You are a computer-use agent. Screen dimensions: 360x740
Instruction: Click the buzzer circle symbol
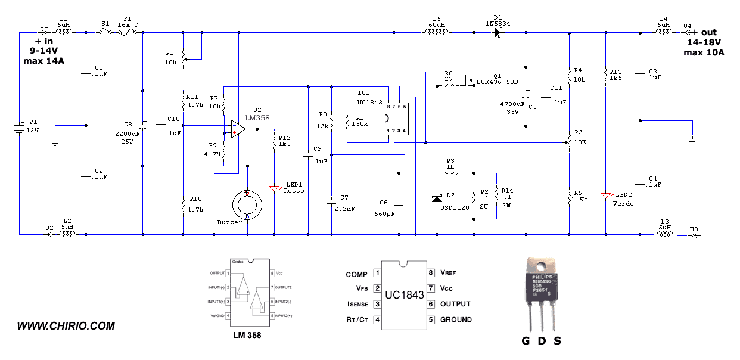(247, 203)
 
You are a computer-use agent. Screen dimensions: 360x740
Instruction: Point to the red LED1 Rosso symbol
(274, 189)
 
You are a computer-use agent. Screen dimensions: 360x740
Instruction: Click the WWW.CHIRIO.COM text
(66, 326)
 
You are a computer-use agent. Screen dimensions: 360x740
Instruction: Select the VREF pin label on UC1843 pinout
(450, 273)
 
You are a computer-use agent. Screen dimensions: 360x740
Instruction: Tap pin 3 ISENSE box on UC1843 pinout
(377, 304)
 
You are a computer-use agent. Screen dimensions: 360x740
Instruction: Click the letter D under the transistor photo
(542, 341)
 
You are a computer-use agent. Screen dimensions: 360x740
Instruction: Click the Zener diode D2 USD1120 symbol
(437, 197)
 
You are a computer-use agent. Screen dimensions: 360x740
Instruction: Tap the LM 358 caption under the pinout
(247, 336)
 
